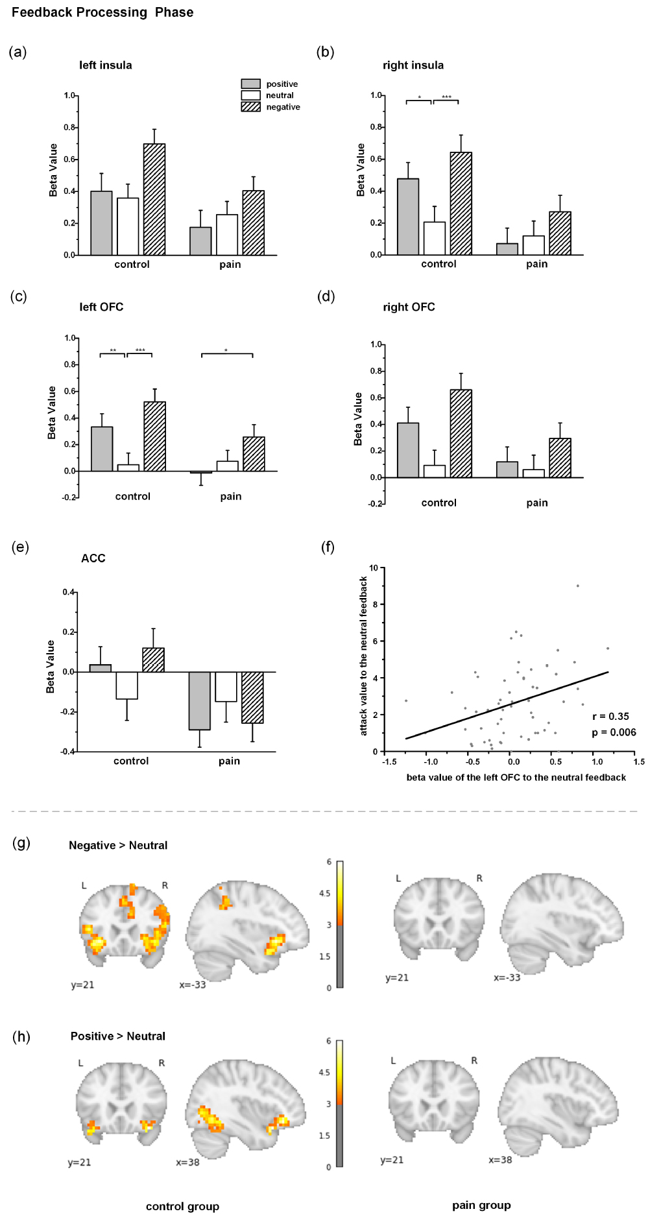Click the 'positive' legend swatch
click(250, 84)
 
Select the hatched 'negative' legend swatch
click(250, 107)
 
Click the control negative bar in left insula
click(154, 199)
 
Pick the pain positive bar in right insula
click(507, 249)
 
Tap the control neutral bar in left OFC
click(128, 468)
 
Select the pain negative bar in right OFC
click(560, 458)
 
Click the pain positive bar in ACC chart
click(200, 700)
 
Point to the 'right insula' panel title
click(413, 65)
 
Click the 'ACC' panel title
click(93, 558)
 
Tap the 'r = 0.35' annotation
click(610, 717)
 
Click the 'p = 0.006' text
click(614, 732)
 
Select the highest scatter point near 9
click(577, 586)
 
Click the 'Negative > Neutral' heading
click(118, 845)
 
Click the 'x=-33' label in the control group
click(193, 985)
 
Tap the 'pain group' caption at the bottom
click(481, 1205)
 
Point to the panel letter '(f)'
click(328, 547)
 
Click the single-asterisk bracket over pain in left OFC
click(226, 353)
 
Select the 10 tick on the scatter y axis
click(374, 568)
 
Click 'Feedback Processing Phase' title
click(102, 12)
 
